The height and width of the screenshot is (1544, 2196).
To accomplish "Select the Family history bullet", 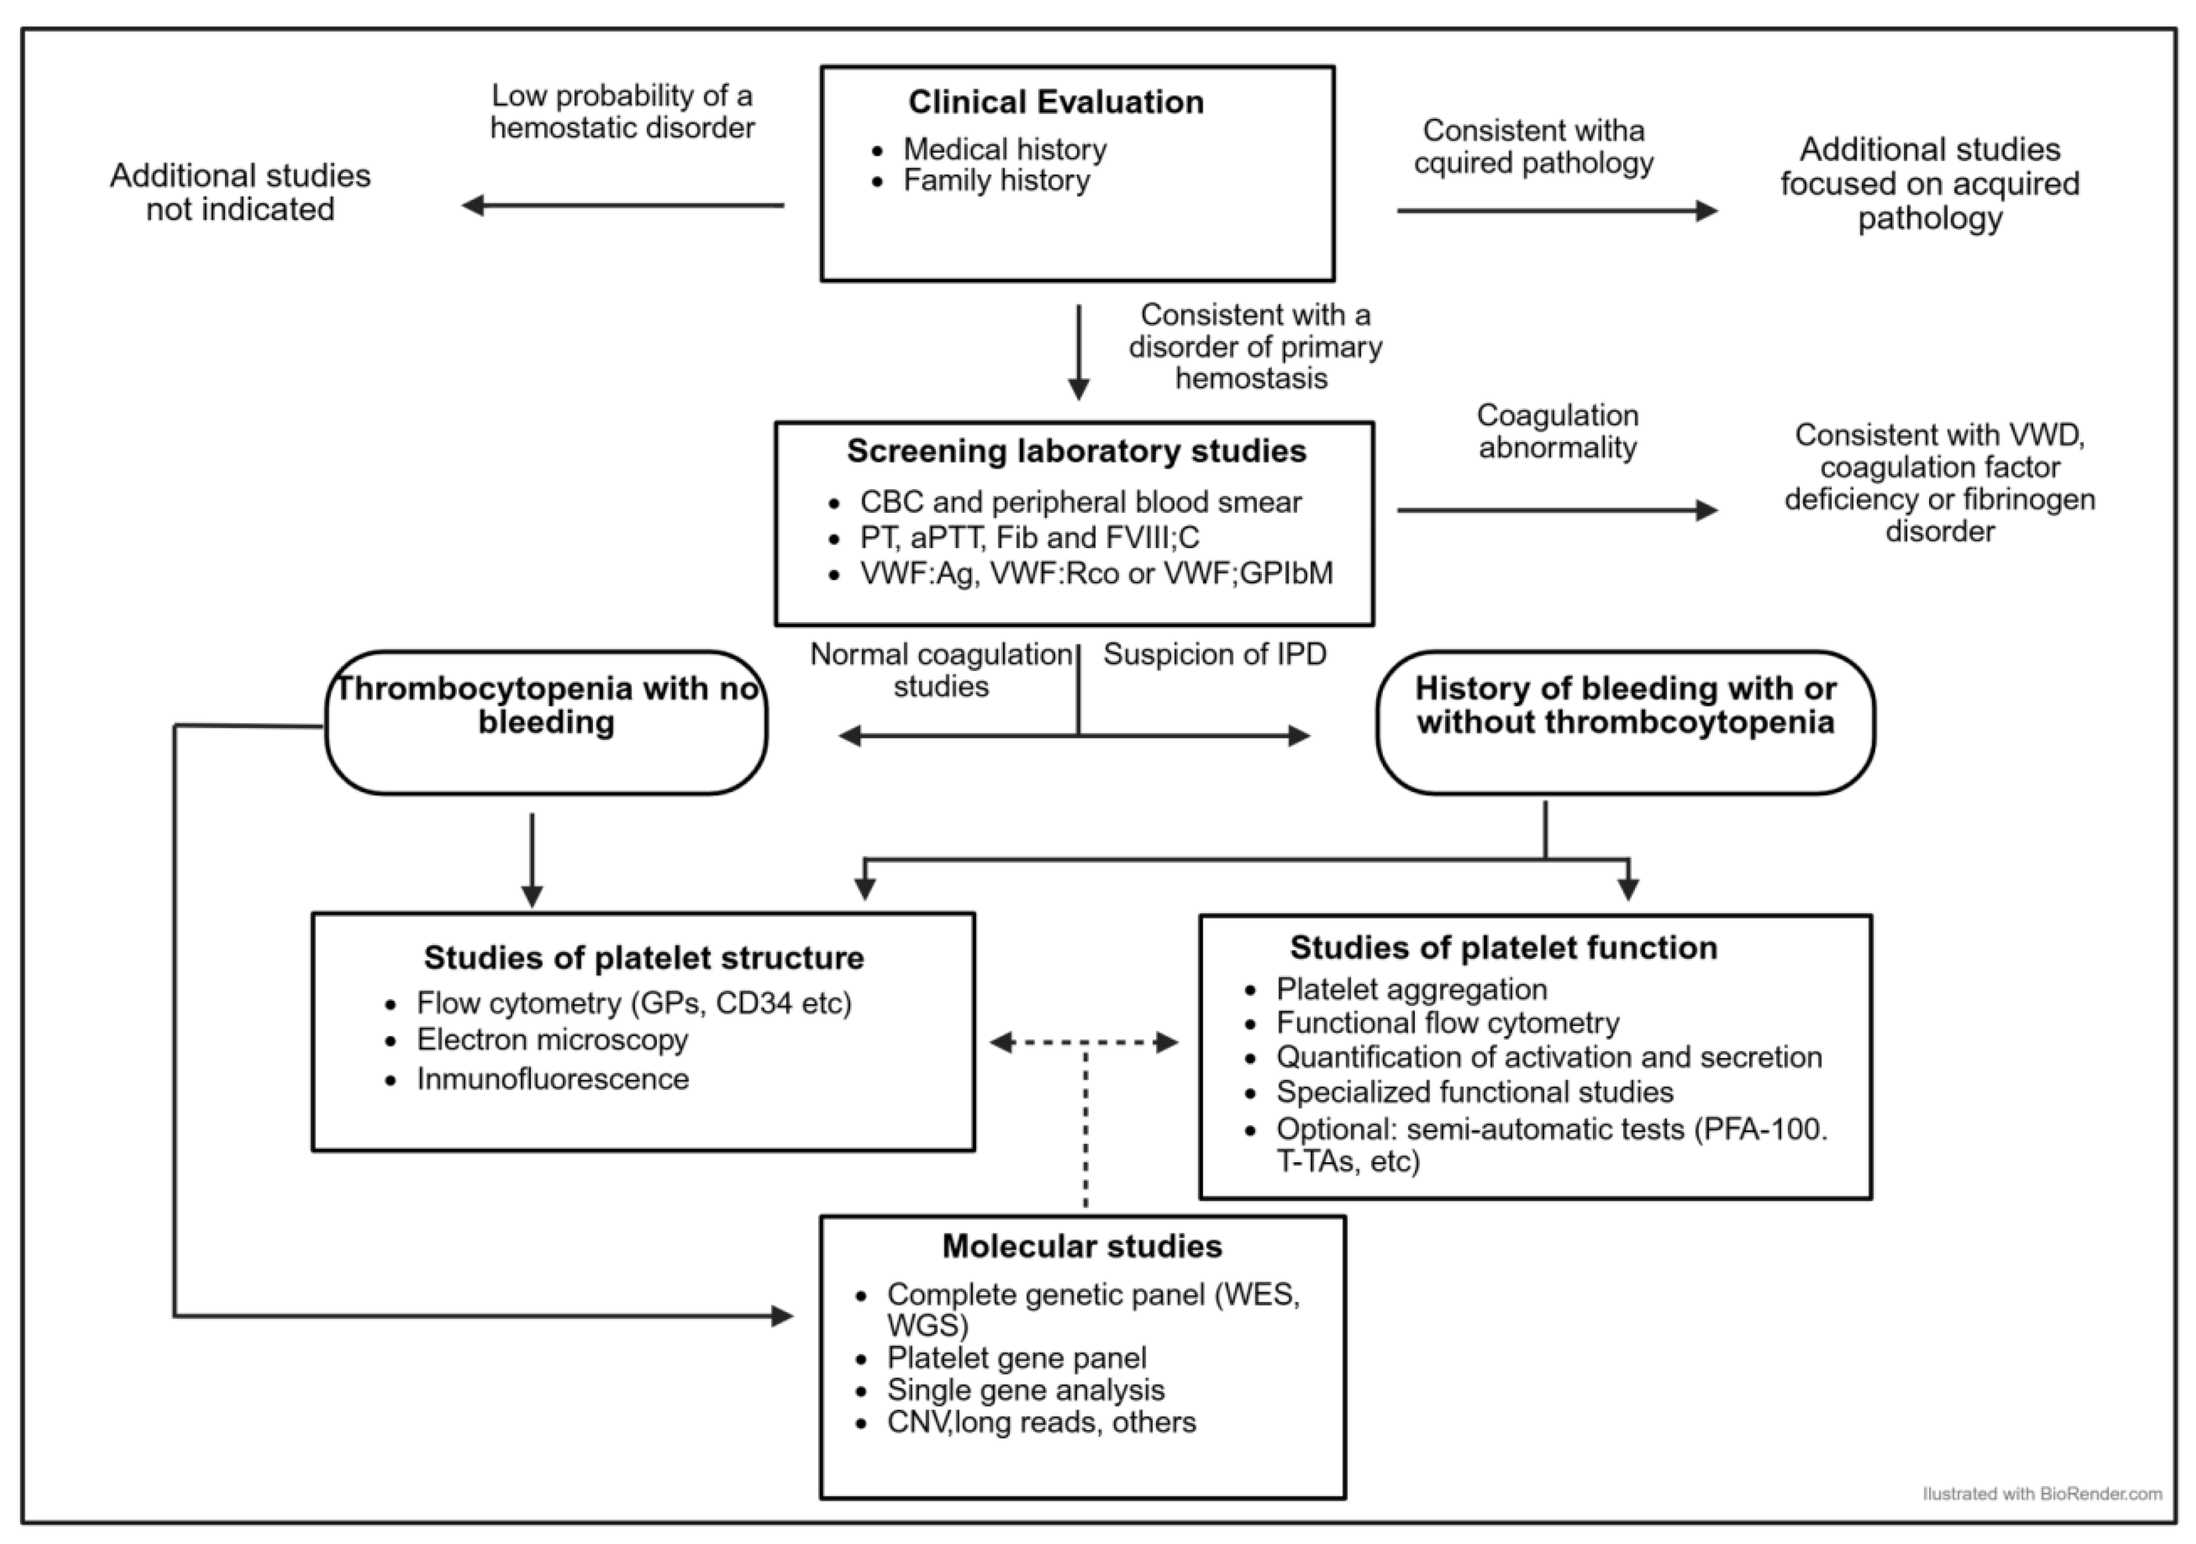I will coord(996,181).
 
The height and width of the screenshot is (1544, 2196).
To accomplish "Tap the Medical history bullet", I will coord(1004,149).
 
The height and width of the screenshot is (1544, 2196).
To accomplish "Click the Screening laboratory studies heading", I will coord(1076,451).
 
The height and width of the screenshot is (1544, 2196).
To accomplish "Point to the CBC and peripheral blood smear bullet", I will coord(1080,502).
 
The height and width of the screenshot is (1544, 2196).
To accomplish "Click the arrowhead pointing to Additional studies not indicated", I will coord(472,205).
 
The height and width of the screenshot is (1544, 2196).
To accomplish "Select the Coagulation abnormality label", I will coord(1557,432).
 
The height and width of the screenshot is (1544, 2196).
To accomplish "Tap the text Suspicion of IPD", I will coord(1214,654).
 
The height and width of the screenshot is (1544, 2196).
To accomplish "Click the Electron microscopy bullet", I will coord(552,1040).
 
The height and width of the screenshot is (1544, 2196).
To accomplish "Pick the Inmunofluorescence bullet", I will coord(552,1079).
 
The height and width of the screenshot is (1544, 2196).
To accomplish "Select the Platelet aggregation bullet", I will coord(1411,989).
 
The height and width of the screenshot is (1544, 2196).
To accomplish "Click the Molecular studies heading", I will coord(1082,1247).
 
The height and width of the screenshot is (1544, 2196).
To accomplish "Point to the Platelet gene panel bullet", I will coord(1016,1358).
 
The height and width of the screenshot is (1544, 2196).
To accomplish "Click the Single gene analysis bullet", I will coord(1025,1390).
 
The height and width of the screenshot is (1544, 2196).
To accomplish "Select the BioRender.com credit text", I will coord(2042,1493).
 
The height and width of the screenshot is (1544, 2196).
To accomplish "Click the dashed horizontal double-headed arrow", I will coord(1084,1043).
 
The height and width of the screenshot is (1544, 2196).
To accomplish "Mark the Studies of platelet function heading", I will coord(1504,948).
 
